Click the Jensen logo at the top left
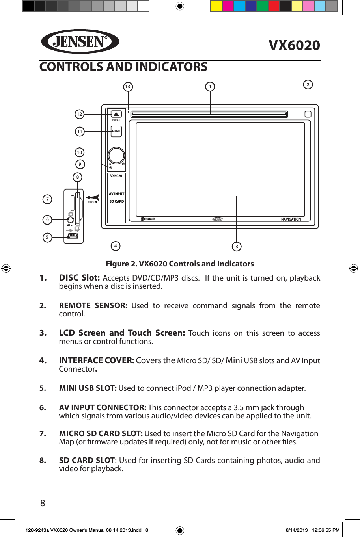[80, 41]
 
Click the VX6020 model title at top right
[294, 45]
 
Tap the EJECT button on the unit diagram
[116, 115]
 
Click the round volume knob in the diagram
[116, 156]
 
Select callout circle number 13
[128, 87]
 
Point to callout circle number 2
[308, 85]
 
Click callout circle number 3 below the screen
[237, 247]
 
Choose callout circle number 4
[116, 246]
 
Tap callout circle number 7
[47, 199]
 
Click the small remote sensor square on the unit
[308, 114]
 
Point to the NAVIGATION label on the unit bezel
[291, 219]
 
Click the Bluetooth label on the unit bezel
[149, 219]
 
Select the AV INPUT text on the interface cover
[116, 194]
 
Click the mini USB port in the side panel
[73, 236]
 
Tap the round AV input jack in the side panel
[70, 220]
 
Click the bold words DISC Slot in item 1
[79, 278]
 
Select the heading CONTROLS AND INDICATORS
[123, 67]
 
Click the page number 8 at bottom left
[43, 503]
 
